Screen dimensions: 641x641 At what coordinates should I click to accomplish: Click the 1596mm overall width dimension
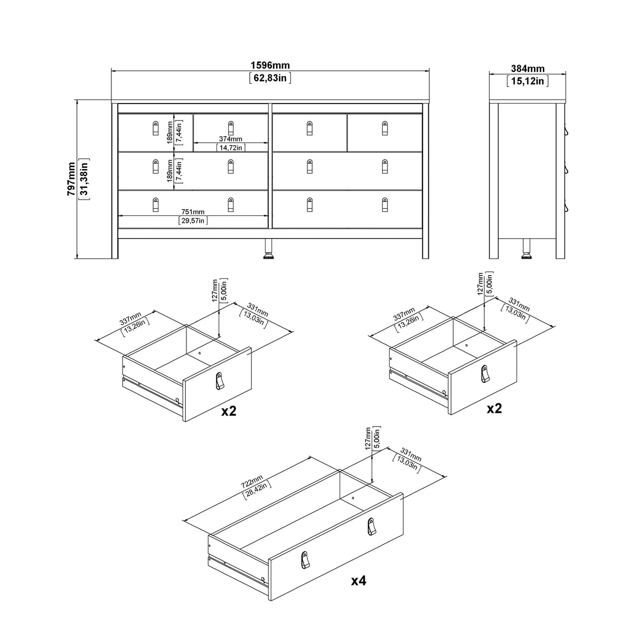point(270,66)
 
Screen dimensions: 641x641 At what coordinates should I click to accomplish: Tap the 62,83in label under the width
point(270,79)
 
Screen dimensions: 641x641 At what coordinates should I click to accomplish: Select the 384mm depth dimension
point(527,69)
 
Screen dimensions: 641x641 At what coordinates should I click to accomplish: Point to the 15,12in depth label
point(527,81)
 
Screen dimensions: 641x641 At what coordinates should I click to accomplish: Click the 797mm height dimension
point(71,180)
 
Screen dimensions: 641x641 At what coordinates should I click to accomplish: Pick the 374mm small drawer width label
point(230,139)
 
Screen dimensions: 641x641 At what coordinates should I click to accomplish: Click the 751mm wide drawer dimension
point(193,212)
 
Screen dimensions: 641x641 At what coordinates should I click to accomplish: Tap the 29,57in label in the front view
point(193,221)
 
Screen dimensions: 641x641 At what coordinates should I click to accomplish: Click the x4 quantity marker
point(359,581)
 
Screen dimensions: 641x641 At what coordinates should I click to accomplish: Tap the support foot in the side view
point(526,249)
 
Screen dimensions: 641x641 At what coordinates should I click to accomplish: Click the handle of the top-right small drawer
point(384,128)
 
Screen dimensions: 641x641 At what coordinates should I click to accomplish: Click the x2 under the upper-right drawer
point(494,408)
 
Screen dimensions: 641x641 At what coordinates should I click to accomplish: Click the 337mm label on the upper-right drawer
point(404,317)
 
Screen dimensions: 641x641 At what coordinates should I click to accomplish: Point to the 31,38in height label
point(83,180)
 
